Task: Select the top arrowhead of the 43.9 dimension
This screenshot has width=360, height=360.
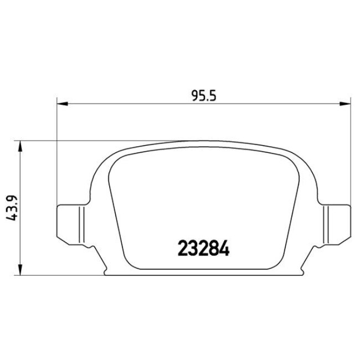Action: (x=20, y=146)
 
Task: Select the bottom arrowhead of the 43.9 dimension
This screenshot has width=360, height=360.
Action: (x=20, y=271)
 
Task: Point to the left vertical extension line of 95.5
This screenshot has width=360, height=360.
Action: (x=57, y=155)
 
